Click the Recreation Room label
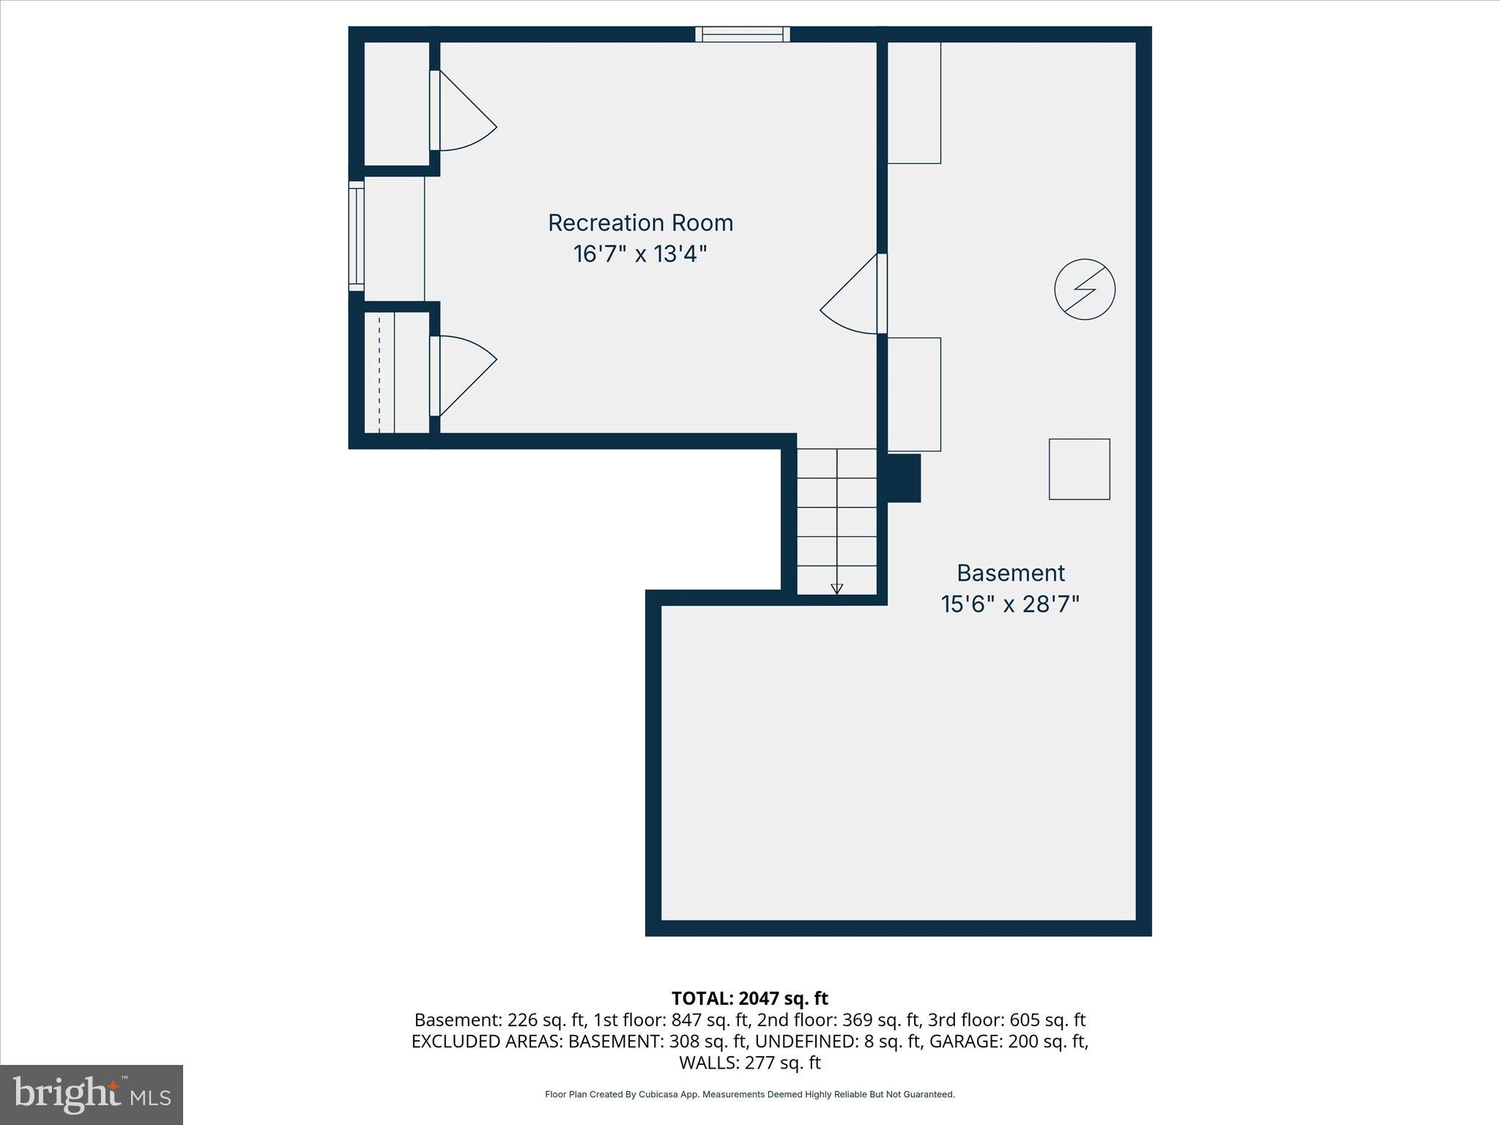point(640,223)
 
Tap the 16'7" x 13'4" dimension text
point(640,254)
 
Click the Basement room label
point(1010,573)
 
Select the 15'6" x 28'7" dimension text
point(1010,604)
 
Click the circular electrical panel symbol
point(1084,289)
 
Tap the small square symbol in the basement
point(1079,469)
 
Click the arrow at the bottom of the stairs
point(836,588)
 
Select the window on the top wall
point(743,34)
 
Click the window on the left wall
point(356,236)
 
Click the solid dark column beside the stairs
point(903,478)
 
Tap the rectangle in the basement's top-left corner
point(913,103)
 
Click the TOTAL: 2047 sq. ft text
point(749,998)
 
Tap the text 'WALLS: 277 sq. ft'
point(749,1062)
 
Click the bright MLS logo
point(92,1094)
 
